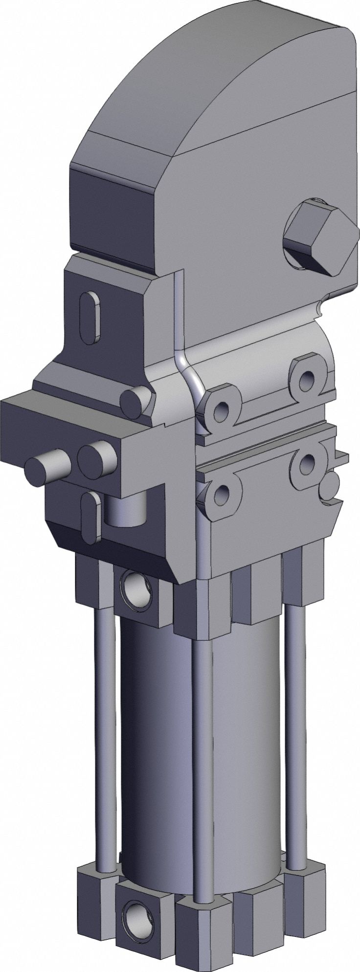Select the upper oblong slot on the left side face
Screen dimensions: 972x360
point(90,314)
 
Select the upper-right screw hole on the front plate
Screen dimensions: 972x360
point(308,377)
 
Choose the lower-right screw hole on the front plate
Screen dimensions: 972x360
point(308,461)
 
